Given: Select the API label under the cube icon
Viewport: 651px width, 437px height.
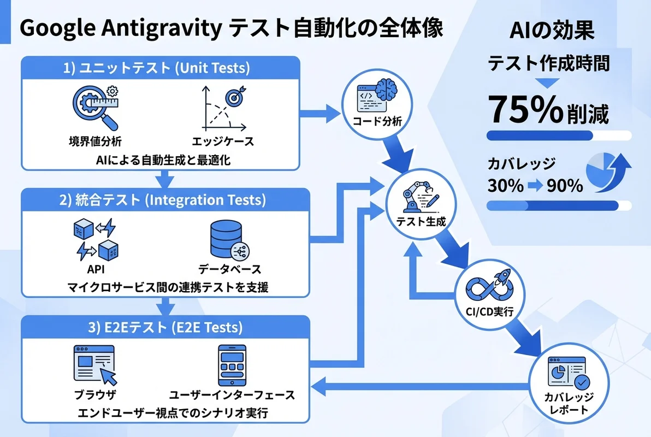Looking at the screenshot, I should click(96, 269).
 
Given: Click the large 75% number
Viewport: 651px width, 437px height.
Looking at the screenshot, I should click(524, 109).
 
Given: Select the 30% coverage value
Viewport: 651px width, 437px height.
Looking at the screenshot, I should click(505, 186).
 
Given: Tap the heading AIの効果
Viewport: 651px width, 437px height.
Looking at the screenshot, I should click(552, 31).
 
